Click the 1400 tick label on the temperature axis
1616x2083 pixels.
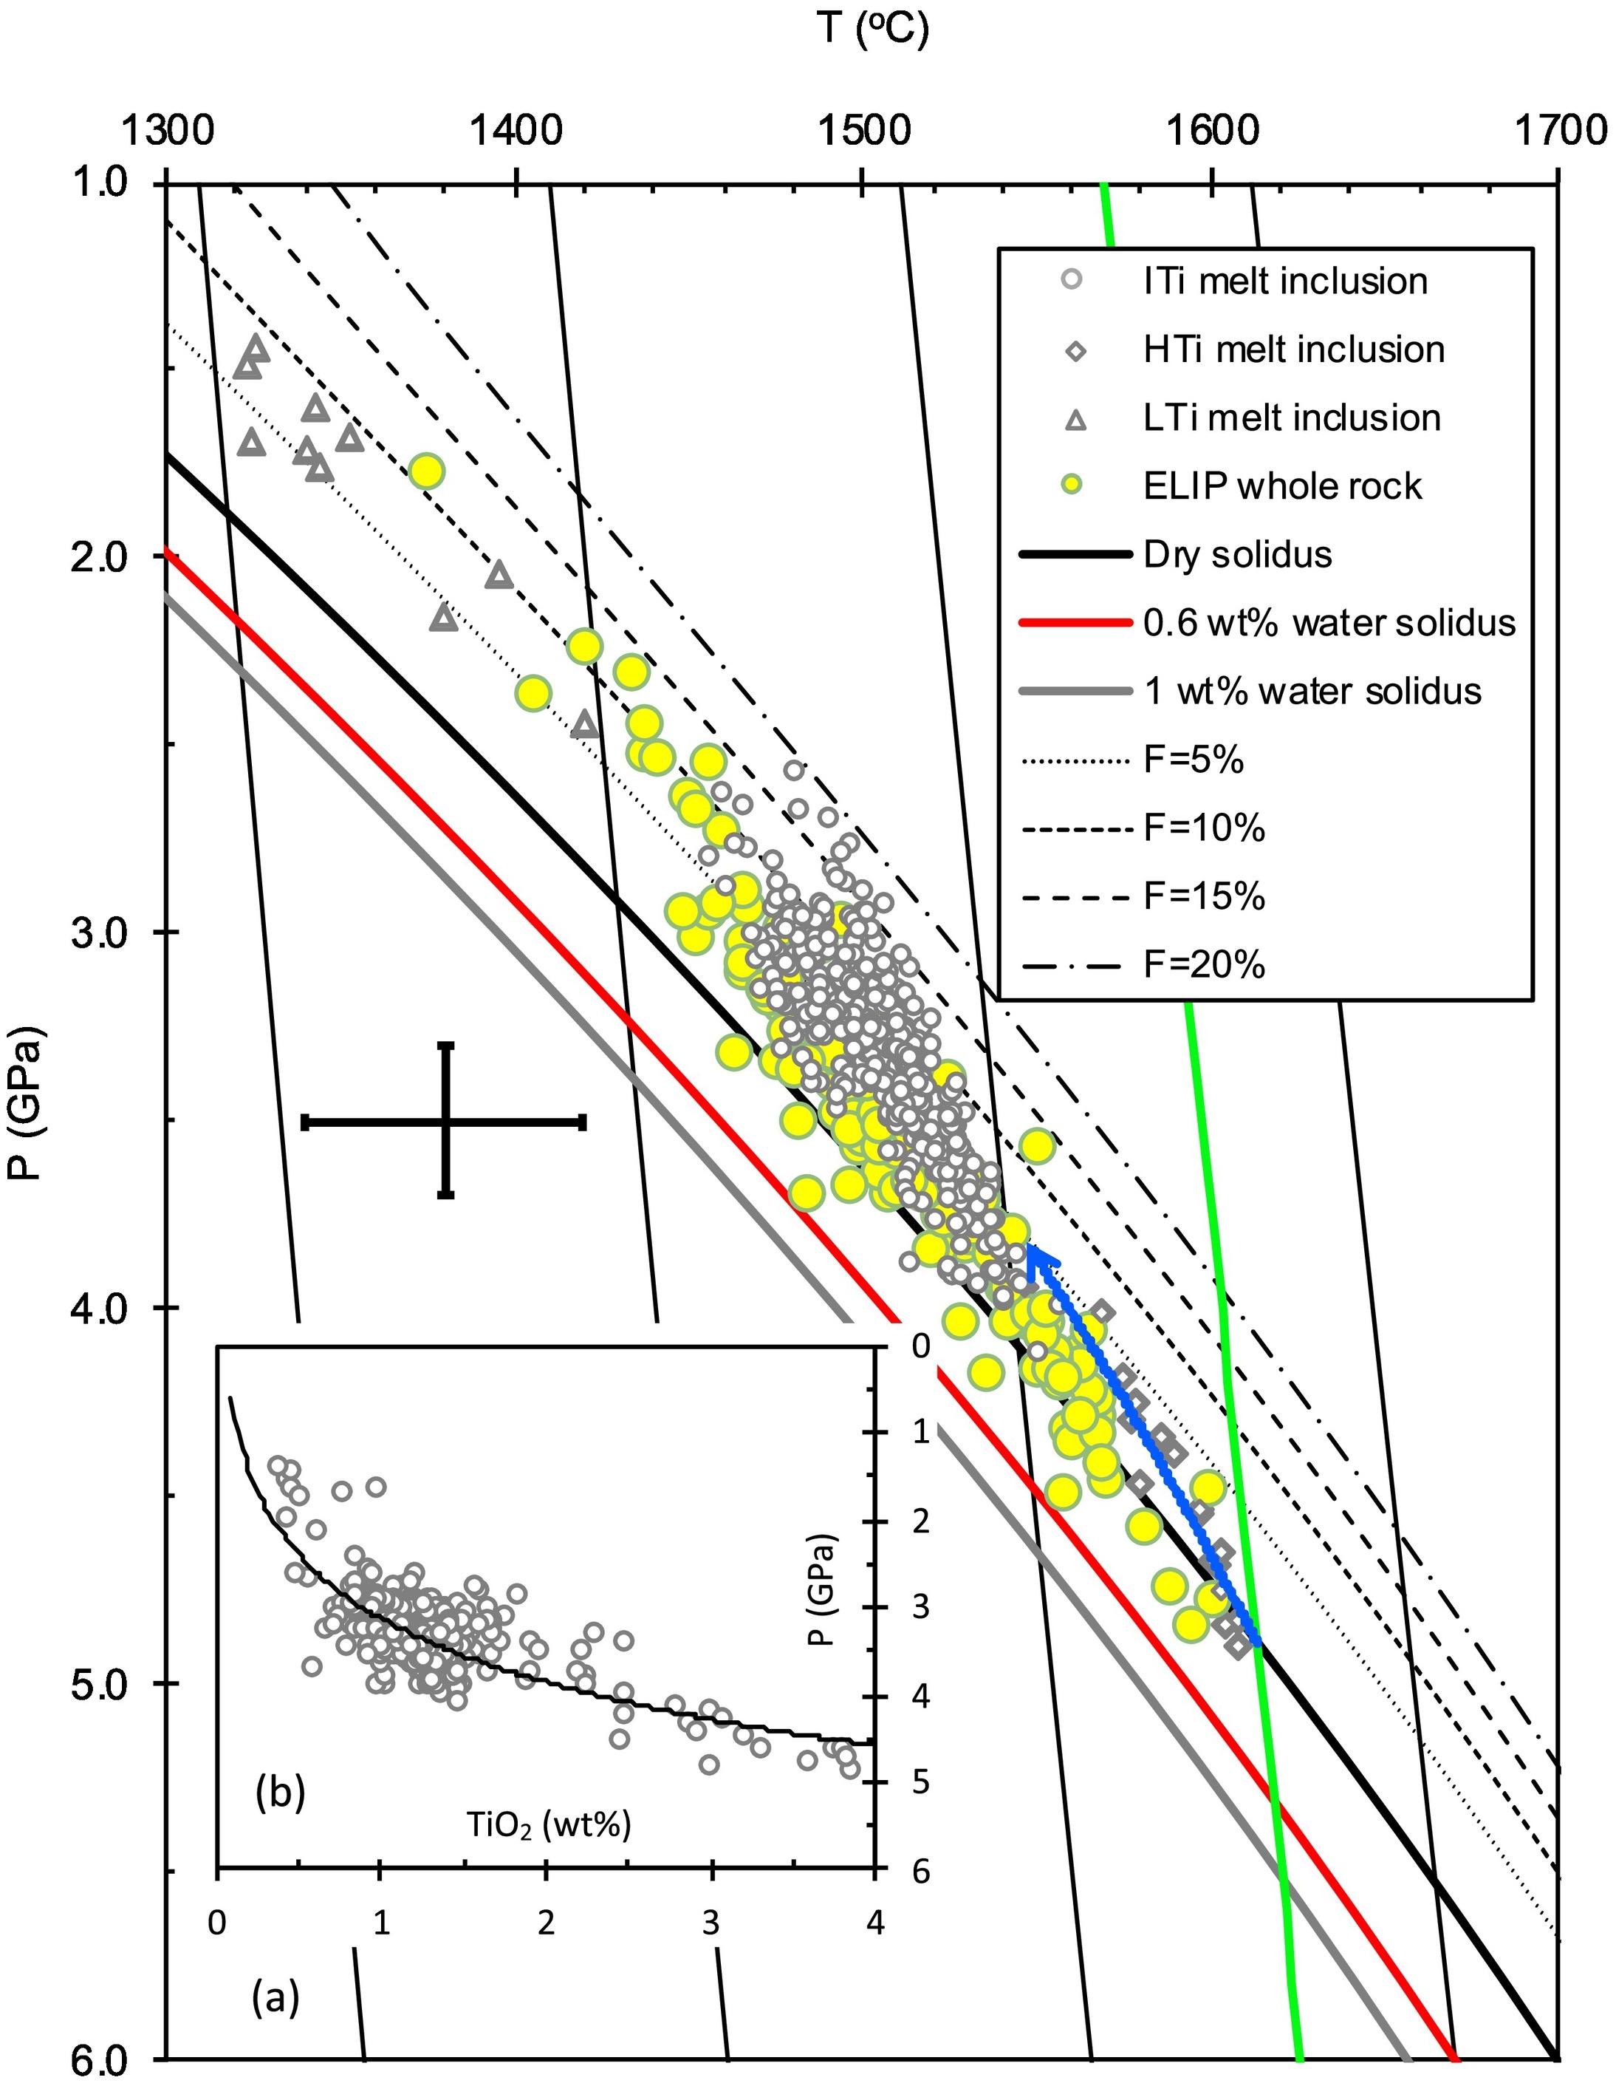point(515,130)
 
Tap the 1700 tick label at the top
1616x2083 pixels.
point(1557,130)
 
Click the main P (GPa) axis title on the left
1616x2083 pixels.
point(30,1102)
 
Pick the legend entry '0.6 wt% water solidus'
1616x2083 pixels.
point(1329,623)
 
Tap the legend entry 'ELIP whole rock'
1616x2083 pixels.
point(1281,486)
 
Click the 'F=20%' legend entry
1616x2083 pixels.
point(1203,965)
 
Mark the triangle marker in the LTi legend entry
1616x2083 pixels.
point(1075,419)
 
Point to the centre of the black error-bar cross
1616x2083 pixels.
point(445,1122)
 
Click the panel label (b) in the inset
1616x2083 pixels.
point(281,1794)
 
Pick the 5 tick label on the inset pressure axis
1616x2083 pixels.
point(920,1780)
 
